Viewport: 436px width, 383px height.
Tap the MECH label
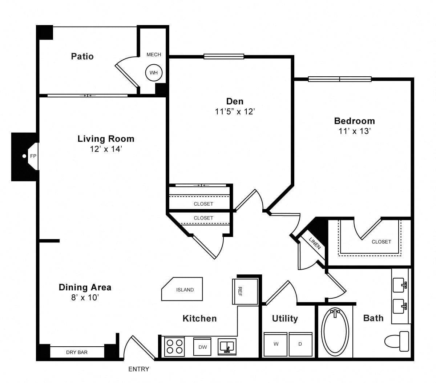click(x=154, y=55)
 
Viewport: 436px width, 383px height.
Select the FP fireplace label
click(x=33, y=156)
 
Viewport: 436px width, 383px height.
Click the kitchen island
click(x=182, y=289)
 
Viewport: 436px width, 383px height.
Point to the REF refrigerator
click(x=245, y=291)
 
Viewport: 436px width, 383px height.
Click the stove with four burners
click(x=174, y=347)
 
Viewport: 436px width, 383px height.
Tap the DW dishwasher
click(x=202, y=347)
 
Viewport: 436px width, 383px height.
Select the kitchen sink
click(x=227, y=347)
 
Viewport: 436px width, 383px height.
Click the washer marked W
click(x=275, y=344)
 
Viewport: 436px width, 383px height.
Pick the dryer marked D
click(x=300, y=344)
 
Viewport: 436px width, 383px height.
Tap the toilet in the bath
click(x=397, y=341)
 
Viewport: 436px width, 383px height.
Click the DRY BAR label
click(x=77, y=352)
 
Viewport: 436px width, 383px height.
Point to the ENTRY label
click(x=138, y=369)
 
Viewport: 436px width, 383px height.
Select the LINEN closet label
click(x=315, y=243)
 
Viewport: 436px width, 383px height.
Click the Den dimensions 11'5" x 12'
click(x=235, y=112)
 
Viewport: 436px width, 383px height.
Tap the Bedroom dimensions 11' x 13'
click(x=355, y=131)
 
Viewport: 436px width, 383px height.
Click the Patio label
click(x=82, y=56)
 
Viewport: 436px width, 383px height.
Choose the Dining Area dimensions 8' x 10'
click(x=85, y=298)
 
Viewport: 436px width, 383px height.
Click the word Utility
click(x=285, y=319)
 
